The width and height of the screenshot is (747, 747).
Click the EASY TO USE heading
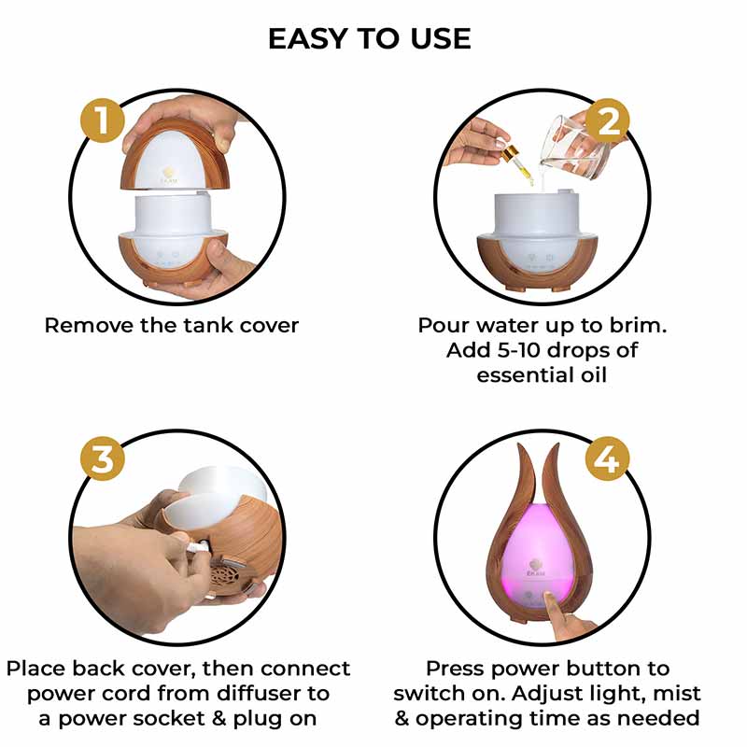(370, 38)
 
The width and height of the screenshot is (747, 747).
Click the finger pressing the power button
(569, 618)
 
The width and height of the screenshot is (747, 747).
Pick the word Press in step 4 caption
(458, 669)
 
